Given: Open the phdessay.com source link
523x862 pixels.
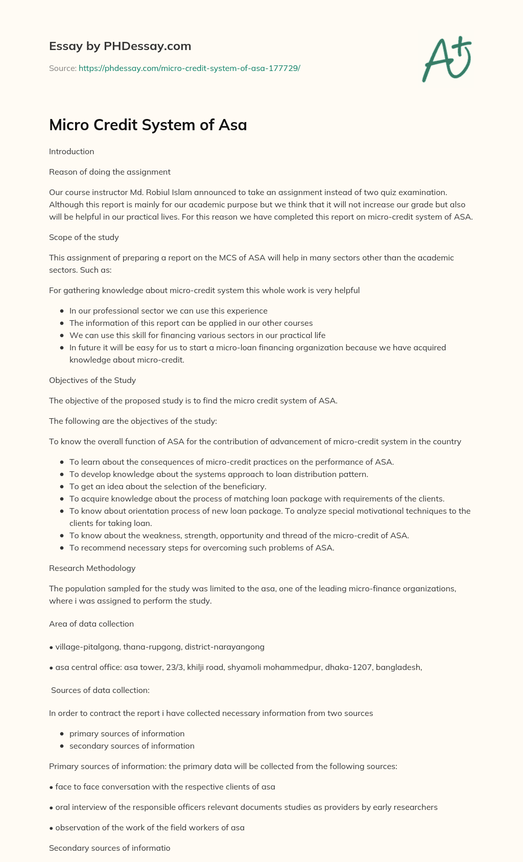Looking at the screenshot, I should (x=189, y=68).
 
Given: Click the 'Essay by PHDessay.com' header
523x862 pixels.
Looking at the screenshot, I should (x=120, y=46).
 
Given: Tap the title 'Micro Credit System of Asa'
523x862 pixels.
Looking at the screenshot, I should (x=148, y=125).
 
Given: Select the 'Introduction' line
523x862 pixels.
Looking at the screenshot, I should (x=72, y=151).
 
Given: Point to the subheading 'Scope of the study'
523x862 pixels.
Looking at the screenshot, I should (x=84, y=237).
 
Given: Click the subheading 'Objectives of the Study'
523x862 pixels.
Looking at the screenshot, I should (x=92, y=380).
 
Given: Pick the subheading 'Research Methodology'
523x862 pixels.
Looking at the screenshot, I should (x=92, y=568).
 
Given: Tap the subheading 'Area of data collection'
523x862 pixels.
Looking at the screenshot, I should (x=91, y=624).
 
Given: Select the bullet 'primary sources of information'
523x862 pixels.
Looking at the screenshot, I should (x=127, y=733).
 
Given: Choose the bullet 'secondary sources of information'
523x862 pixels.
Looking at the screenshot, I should (x=132, y=746).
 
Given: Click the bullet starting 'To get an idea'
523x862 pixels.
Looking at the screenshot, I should (x=168, y=486).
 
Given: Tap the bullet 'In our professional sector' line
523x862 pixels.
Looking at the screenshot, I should (x=168, y=310).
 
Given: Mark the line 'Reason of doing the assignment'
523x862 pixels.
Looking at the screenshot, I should (x=110, y=172).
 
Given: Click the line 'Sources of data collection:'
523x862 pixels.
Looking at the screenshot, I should (x=100, y=690).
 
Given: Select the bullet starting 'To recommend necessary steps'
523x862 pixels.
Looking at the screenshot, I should (x=202, y=547).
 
